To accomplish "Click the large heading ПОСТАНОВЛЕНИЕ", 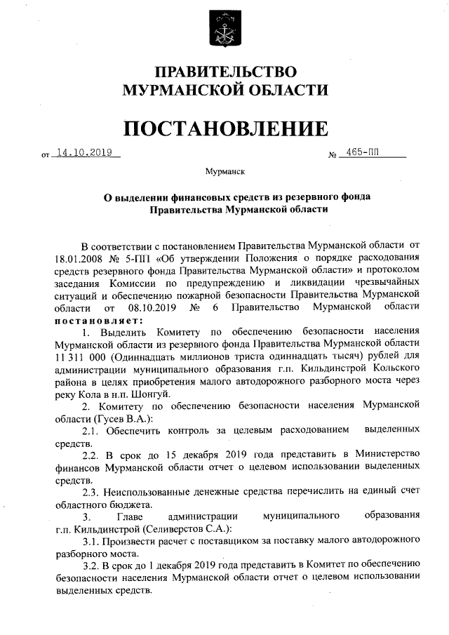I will coord(225,128).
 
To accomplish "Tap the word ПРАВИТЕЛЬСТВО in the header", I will coord(225,72).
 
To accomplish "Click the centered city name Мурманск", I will coord(224,171).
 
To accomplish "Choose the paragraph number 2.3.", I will coord(92,491).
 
